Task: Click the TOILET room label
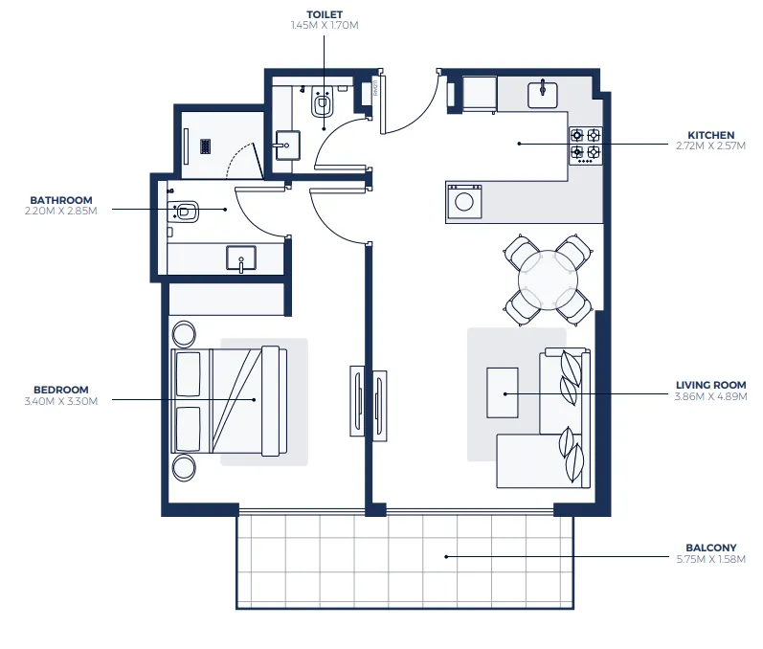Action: pos(325,15)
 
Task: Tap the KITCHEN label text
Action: pos(710,135)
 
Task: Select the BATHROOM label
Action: pos(60,200)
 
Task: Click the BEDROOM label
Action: pos(60,390)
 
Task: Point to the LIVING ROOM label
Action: pos(710,385)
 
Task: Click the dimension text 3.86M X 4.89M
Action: pos(710,396)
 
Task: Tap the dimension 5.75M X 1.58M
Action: pos(710,560)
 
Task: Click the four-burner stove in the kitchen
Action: pos(585,144)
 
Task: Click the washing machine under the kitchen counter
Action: pos(464,201)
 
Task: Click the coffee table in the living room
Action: pos(503,392)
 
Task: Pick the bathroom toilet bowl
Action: pos(186,211)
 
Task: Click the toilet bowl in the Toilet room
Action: pos(323,102)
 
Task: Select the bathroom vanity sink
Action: pos(240,257)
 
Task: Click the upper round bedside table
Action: pos(183,335)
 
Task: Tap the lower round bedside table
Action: pos(183,468)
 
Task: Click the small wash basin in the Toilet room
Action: pos(286,145)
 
